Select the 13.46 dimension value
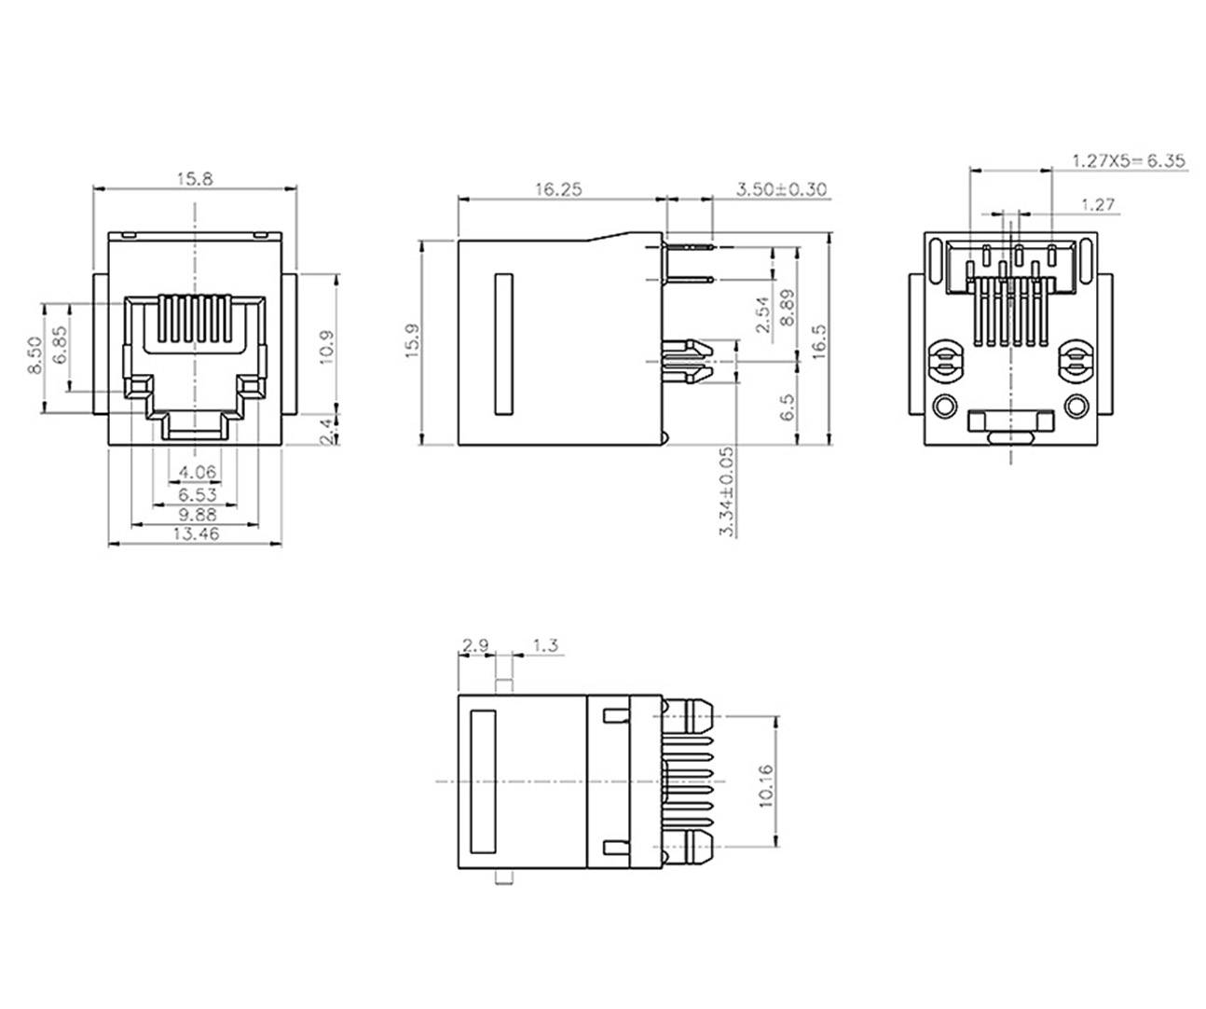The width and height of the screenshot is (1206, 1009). tap(195, 534)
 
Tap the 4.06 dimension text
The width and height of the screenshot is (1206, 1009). tap(197, 473)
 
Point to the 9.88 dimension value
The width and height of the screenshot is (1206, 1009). tap(196, 514)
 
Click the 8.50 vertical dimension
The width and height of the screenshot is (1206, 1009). tap(34, 356)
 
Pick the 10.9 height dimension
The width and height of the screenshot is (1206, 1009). tap(326, 347)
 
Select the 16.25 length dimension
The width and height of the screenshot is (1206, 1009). tap(558, 189)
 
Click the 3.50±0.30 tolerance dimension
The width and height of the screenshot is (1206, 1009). tap(781, 189)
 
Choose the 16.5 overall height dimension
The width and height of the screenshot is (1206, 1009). tap(819, 342)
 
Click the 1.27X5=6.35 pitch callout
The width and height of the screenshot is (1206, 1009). tap(1128, 160)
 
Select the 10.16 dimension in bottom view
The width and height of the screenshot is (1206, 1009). tap(766, 785)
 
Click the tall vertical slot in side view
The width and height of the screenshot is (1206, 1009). tap(503, 343)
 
